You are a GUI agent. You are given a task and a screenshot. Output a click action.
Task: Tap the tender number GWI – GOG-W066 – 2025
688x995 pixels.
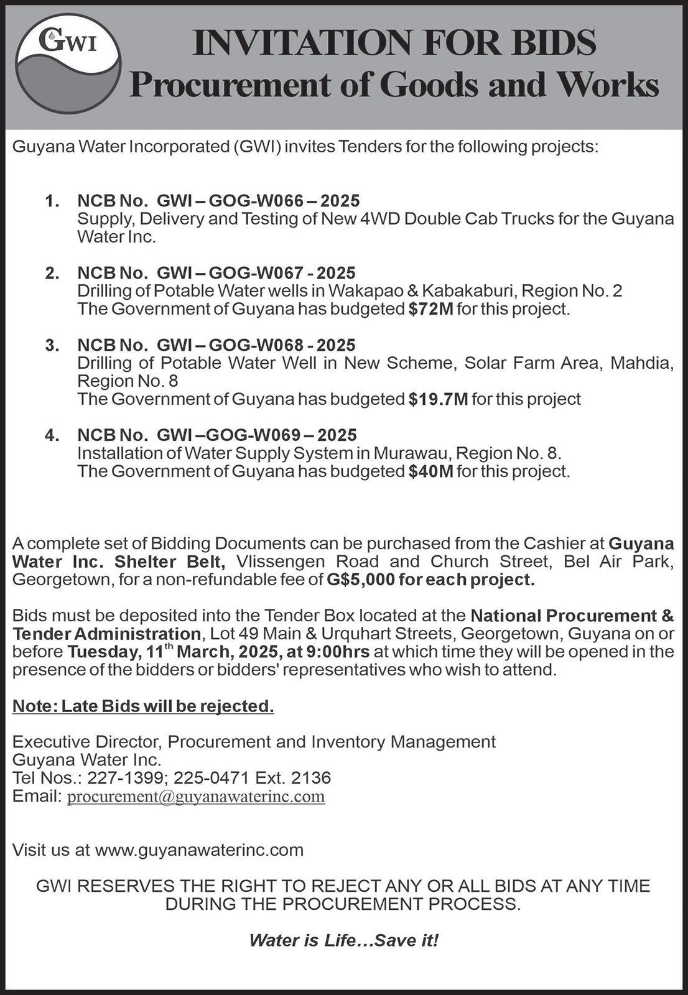click(x=258, y=201)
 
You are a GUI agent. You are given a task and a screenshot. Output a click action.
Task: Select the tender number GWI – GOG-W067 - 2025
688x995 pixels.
click(x=256, y=273)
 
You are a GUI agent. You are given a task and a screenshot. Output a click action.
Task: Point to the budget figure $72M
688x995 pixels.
click(x=431, y=309)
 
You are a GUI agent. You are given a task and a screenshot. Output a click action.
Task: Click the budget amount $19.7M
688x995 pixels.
click(x=439, y=399)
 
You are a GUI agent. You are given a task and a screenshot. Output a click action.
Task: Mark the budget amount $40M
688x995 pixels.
click(x=431, y=471)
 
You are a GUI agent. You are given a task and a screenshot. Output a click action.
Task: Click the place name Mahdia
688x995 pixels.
click(x=641, y=363)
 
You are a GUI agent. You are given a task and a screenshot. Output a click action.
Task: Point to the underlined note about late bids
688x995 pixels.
click(x=143, y=706)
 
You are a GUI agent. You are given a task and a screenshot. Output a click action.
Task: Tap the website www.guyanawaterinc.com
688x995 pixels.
click(x=199, y=850)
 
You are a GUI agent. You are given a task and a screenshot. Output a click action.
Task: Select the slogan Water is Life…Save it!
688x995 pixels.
click(x=343, y=940)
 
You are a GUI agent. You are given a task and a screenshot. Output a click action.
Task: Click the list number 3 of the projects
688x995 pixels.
click(x=52, y=345)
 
